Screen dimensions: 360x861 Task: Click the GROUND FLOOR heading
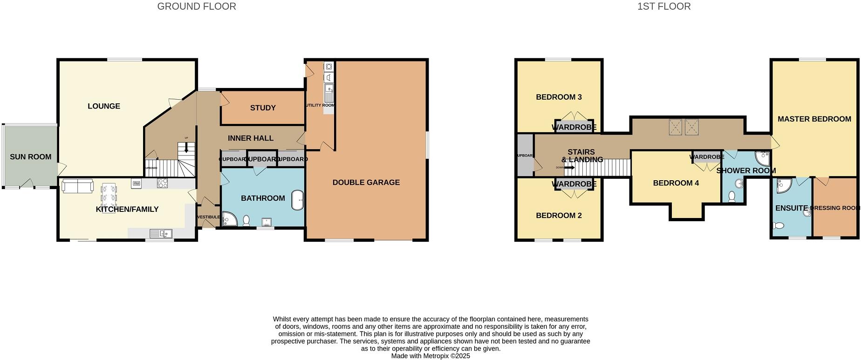197,7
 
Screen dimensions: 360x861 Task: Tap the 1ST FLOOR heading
664,7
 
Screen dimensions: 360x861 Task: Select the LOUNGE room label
104,106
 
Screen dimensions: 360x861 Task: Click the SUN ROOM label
31,157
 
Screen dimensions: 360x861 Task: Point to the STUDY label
263,108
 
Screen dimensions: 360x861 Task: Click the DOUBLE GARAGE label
366,183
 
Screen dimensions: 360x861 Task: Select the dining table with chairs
109,196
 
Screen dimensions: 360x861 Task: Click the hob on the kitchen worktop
162,183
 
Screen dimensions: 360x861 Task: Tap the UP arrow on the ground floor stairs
186,148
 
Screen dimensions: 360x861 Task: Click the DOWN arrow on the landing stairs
569,167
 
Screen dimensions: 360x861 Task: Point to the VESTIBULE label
208,217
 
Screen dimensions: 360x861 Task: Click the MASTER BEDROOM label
814,119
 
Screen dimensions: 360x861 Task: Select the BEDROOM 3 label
559,97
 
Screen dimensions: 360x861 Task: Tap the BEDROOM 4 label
676,183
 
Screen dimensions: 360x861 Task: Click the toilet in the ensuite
778,226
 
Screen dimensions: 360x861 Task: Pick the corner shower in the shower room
763,158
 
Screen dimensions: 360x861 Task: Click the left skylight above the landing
675,127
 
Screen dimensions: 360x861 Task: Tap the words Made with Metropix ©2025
430,356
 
